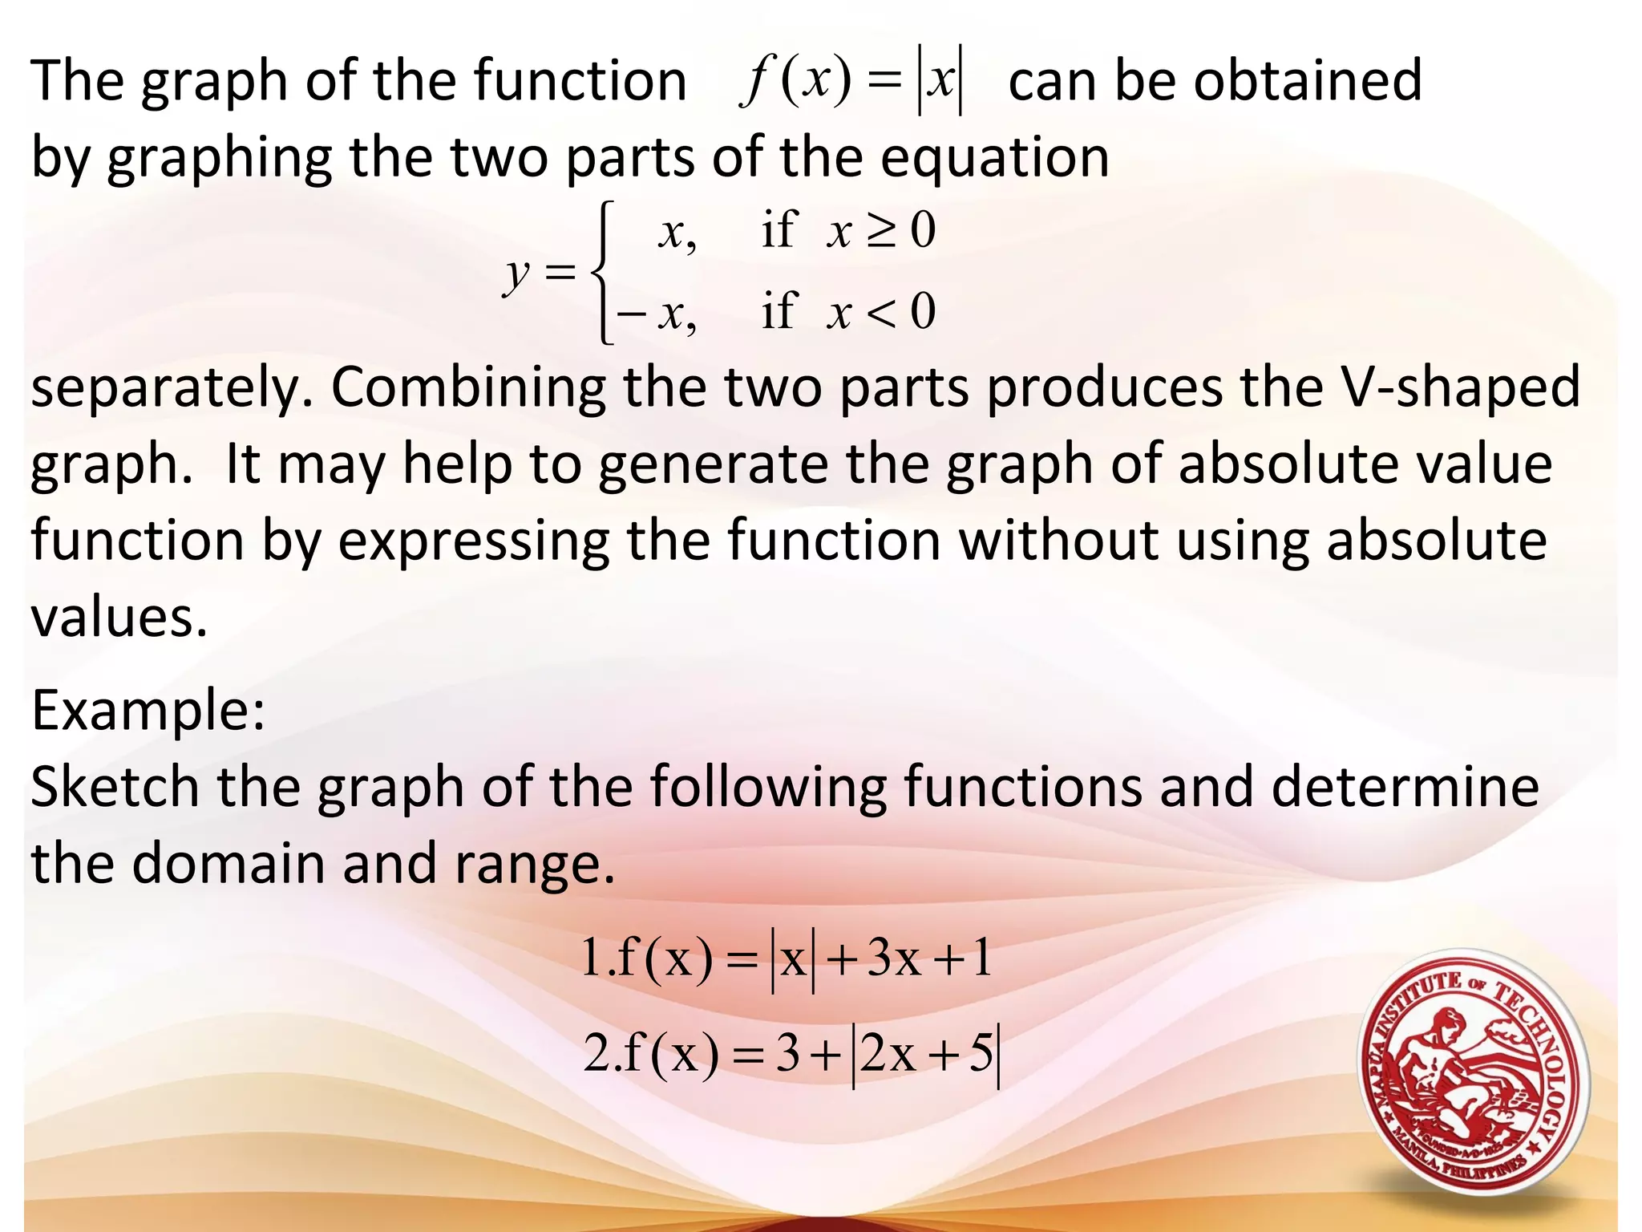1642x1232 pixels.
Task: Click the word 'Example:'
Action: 148,711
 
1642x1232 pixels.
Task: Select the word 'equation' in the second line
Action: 994,158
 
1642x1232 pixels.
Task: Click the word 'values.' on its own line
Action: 119,618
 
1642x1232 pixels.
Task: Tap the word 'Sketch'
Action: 115,787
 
